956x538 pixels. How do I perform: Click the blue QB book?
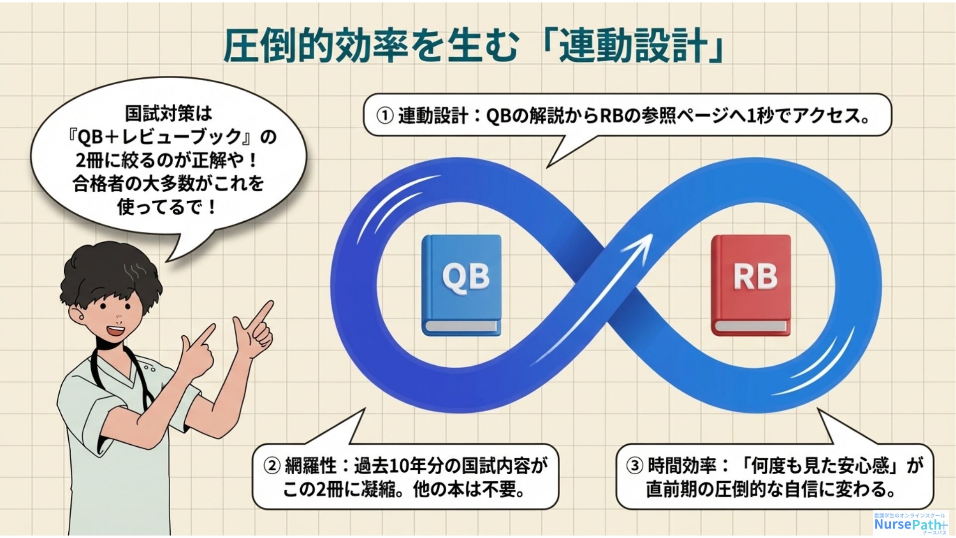pos(462,285)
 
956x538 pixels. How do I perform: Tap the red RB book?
pos(751,285)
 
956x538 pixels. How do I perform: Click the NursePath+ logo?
pos(911,523)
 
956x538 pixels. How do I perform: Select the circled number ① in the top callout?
pos(385,116)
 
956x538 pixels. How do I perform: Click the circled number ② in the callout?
pos(272,466)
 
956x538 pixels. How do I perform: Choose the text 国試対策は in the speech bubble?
pos(168,114)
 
